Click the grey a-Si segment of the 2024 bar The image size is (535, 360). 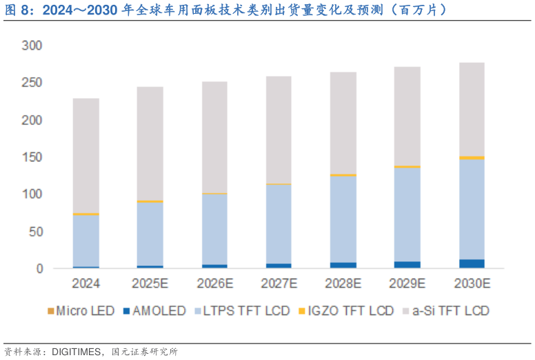coord(85,155)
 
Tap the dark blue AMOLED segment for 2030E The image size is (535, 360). coord(472,264)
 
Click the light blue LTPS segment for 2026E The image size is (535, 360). coord(214,229)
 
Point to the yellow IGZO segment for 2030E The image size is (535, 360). coord(472,158)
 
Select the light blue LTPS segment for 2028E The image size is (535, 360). coord(343,219)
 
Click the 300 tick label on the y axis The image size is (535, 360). coord(32,46)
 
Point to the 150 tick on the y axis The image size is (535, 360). coord(32,157)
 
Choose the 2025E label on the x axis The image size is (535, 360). coord(150,283)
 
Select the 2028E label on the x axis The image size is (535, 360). coord(343,283)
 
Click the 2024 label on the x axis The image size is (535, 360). coord(85,283)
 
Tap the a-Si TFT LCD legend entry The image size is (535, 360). coord(450,311)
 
